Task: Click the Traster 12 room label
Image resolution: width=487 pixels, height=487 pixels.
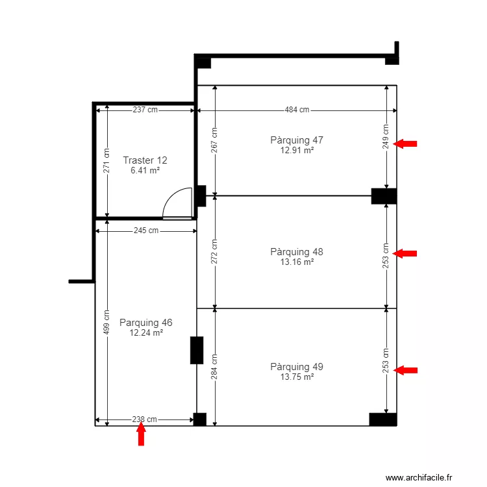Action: click(145, 160)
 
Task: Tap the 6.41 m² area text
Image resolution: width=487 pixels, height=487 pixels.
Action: click(145, 170)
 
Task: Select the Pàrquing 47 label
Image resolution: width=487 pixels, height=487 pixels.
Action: click(297, 140)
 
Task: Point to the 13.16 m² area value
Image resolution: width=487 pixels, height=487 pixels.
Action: click(297, 262)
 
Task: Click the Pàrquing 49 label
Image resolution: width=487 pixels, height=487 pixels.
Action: click(297, 367)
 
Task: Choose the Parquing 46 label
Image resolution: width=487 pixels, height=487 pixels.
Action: click(145, 323)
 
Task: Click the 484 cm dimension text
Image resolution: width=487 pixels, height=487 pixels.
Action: click(297, 110)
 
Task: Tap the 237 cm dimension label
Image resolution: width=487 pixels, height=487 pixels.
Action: click(145, 110)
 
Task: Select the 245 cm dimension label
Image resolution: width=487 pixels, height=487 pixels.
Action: click(146, 231)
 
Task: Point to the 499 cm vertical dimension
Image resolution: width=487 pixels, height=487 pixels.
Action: click(106, 322)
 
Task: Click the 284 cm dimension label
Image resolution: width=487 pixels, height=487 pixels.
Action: click(214, 367)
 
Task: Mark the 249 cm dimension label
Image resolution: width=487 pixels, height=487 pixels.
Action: click(386, 136)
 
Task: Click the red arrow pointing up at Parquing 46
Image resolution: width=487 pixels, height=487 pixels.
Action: click(142, 433)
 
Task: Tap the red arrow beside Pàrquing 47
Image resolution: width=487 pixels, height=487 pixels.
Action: click(405, 144)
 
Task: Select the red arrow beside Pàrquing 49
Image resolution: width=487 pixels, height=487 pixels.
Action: click(405, 370)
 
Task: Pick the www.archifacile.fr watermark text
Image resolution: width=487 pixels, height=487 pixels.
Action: click(419, 477)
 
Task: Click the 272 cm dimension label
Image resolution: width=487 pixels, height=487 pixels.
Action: click(214, 251)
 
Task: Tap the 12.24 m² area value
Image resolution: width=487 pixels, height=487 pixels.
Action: click(146, 332)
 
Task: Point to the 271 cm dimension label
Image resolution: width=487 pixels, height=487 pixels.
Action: click(106, 160)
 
